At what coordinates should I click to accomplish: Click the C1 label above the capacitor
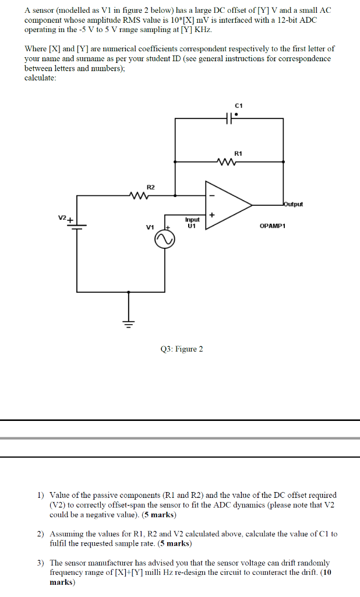[x=239, y=106]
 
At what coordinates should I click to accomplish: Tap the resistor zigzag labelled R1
[x=224, y=161]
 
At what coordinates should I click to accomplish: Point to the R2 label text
[x=151, y=187]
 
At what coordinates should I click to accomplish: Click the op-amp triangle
[x=227, y=205]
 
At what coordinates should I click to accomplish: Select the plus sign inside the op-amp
[x=211, y=216]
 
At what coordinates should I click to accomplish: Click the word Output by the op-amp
[x=293, y=204]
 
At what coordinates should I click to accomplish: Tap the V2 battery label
[x=62, y=219]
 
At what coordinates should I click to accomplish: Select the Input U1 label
[x=192, y=222]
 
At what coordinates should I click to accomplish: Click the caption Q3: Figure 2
[x=182, y=349]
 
